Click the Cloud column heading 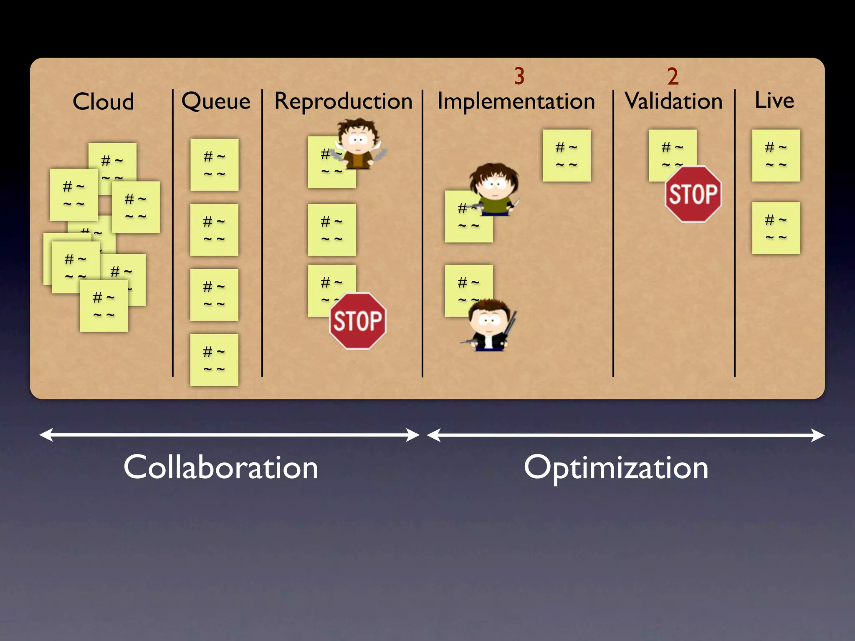pos(103,101)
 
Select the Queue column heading pos(216,101)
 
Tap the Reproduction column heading pos(343,101)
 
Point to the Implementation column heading pos(516,101)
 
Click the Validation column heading pos(673,101)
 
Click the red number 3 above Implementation pos(519,76)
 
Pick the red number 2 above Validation pos(673,76)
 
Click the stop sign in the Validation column pos(693,194)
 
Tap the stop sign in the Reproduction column pos(358,321)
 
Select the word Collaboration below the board pos(221,467)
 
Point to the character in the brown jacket pos(358,144)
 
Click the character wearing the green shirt pos(494,189)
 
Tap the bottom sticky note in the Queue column pos(214,360)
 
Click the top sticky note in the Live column pos(776,155)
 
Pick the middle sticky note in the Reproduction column pos(332,230)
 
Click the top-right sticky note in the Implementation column pos(567,155)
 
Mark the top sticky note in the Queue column pos(214,164)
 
